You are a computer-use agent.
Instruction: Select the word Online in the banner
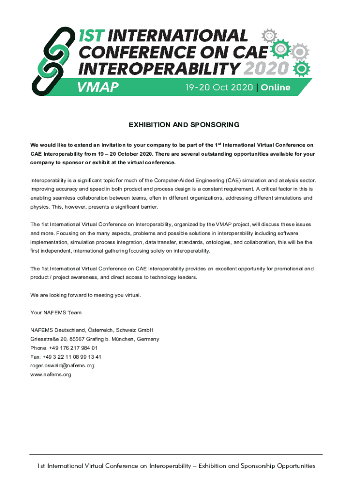[276, 87]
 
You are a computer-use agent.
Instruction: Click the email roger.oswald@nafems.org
[62, 366]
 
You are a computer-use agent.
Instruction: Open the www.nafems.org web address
[50, 375]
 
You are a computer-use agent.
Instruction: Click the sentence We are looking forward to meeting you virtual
[85, 295]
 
